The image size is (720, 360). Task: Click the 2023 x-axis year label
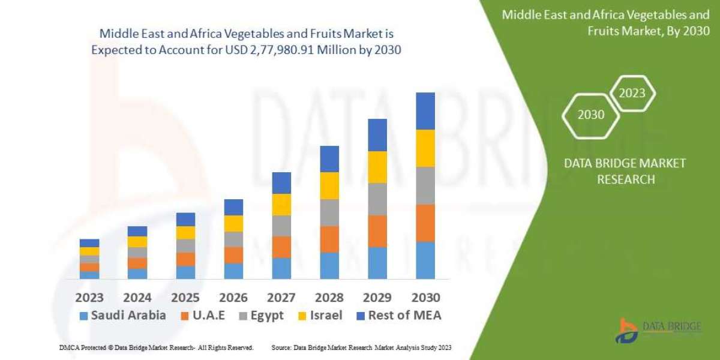pos(89,297)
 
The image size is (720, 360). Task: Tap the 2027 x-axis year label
pos(281,297)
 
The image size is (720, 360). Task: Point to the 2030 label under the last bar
pos(425,297)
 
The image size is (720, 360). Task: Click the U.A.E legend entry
pos(203,316)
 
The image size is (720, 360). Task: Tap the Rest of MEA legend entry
pos(398,316)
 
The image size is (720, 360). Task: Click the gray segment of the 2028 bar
pos(329,212)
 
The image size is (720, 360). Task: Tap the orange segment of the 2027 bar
pos(281,247)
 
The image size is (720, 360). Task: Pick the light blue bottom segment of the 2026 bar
pos(233,271)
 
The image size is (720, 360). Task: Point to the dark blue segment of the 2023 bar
pos(89,243)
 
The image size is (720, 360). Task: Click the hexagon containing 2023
pos(632,94)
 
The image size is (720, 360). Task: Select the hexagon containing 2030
pos(591,115)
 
